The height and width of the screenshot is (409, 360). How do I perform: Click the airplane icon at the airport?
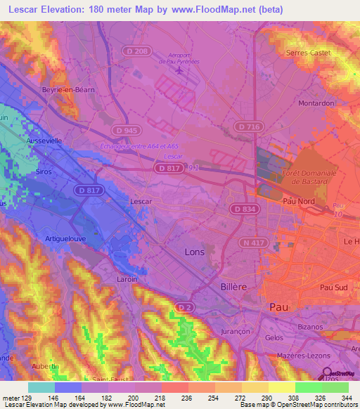coord(181,70)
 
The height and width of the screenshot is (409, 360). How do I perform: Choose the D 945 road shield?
coord(127,131)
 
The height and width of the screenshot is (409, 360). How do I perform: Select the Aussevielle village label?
coord(44,141)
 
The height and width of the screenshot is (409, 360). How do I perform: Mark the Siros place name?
coord(44,171)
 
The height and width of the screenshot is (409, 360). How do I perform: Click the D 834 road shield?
coord(243,209)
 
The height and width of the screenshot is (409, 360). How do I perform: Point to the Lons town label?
coord(195,251)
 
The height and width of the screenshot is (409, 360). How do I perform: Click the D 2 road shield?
coord(184,307)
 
